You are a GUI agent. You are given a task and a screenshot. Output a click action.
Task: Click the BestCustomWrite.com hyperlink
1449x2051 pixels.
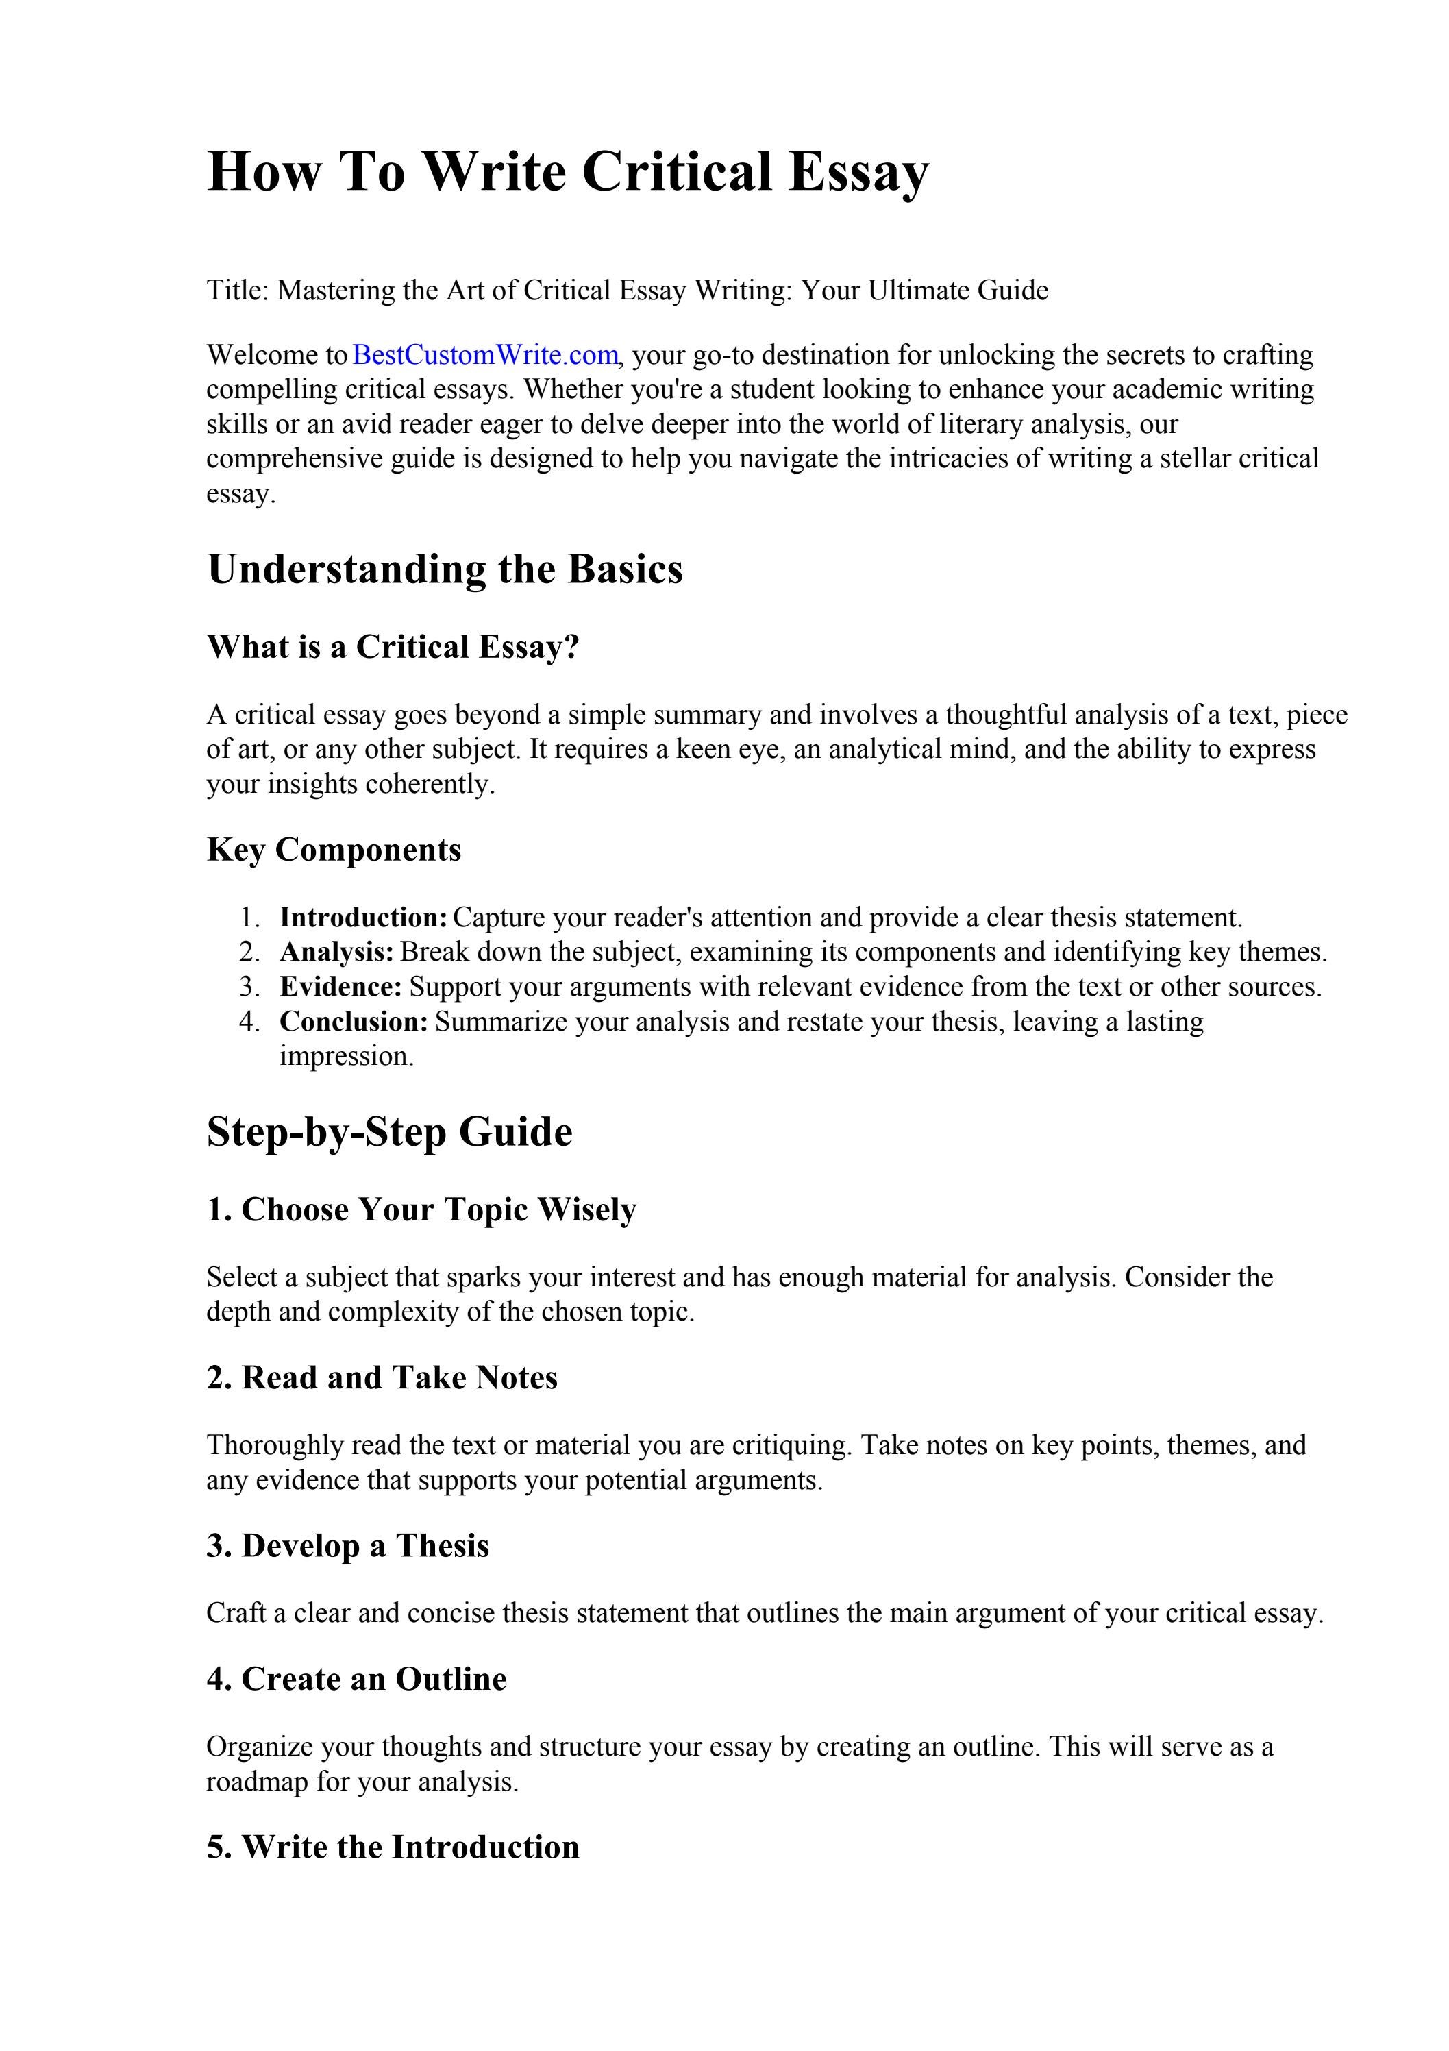pyautogui.click(x=485, y=355)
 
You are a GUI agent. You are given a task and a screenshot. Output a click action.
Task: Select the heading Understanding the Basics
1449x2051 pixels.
pyautogui.click(x=445, y=569)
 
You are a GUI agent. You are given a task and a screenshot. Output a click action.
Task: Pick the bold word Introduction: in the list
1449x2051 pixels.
pyautogui.click(x=362, y=918)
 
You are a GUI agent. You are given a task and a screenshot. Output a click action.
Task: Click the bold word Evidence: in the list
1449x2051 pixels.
pyautogui.click(x=341, y=986)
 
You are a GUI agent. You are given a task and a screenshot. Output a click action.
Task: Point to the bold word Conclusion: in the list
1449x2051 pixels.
pyautogui.click(x=354, y=1021)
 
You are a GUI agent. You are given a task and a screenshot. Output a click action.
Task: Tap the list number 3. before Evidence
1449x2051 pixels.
pyautogui.click(x=249, y=986)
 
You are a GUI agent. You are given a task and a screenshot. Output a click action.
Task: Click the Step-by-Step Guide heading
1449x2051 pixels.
pyautogui.click(x=390, y=1132)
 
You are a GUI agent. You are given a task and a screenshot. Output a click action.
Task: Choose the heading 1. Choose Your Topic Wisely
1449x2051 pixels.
pyautogui.click(x=421, y=1209)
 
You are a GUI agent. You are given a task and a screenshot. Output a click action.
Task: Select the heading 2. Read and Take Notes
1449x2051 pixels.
pyautogui.click(x=382, y=1377)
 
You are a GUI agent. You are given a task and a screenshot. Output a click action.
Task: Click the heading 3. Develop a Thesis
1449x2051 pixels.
pyautogui.click(x=349, y=1545)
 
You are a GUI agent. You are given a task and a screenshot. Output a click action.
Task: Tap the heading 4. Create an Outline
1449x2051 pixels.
pyautogui.click(x=356, y=1678)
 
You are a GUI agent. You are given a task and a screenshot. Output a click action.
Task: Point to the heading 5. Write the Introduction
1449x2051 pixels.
pyautogui.click(x=393, y=1846)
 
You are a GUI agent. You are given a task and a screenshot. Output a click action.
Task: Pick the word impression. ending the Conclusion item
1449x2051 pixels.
pyautogui.click(x=347, y=1056)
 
